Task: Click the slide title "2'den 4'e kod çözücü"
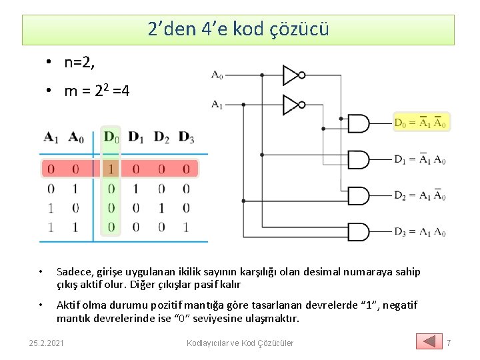pyautogui.click(x=238, y=29)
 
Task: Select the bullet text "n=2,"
pyautogui.click(x=81, y=63)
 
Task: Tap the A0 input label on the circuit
pyautogui.click(x=217, y=75)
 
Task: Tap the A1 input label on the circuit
pyautogui.click(x=217, y=104)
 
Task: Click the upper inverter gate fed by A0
pyautogui.click(x=293, y=75)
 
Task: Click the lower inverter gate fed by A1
pyautogui.click(x=293, y=105)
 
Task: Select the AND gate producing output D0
pyautogui.click(x=359, y=123)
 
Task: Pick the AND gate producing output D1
pyautogui.click(x=359, y=160)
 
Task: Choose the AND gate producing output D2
pyautogui.click(x=359, y=196)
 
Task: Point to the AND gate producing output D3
pyautogui.click(x=359, y=232)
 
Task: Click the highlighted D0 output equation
pyautogui.click(x=421, y=123)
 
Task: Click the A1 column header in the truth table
pyautogui.click(x=51, y=137)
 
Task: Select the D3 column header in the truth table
pyautogui.click(x=187, y=137)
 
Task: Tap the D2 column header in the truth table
pyautogui.click(x=161, y=137)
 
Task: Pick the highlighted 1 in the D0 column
pyautogui.click(x=111, y=169)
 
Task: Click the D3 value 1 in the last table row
pyautogui.click(x=186, y=227)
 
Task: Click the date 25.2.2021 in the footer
pyautogui.click(x=47, y=343)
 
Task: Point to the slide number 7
pyautogui.click(x=449, y=343)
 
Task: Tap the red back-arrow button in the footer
pyautogui.click(x=429, y=341)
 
